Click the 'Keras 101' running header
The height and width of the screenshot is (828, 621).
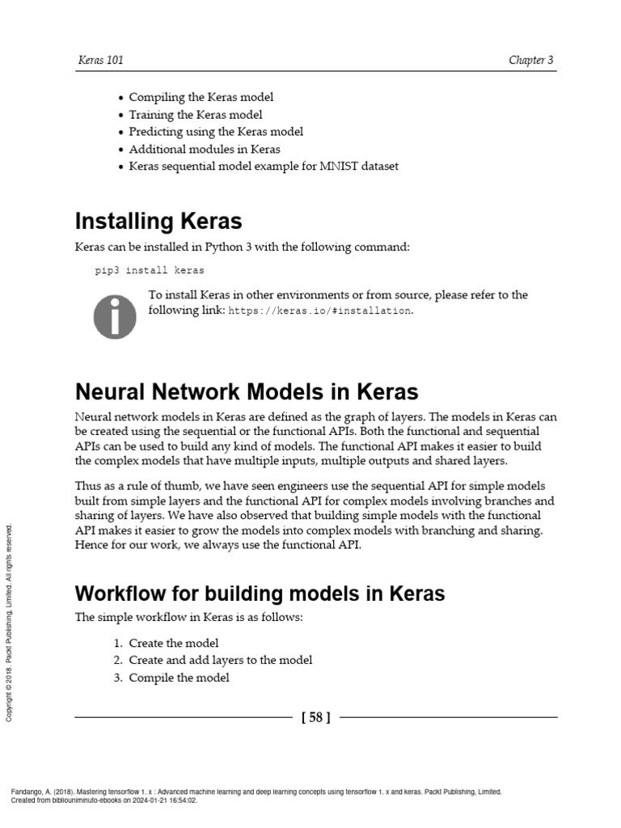pyautogui.click(x=100, y=61)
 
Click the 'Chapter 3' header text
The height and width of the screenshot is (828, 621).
pyautogui.click(x=531, y=61)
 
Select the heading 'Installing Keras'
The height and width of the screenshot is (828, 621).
pyautogui.click(x=158, y=221)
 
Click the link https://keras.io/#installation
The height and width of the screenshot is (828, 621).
pyautogui.click(x=320, y=310)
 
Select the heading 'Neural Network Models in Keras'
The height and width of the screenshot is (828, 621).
pyautogui.click(x=247, y=392)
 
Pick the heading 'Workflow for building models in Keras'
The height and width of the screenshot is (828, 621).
pyautogui.click(x=260, y=594)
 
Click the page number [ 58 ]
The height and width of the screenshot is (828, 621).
pyautogui.click(x=315, y=717)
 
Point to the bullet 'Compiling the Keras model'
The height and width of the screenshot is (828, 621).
pyautogui.click(x=201, y=97)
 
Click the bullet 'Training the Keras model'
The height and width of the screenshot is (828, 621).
pyautogui.click(x=196, y=115)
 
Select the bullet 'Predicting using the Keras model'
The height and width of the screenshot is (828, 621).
pyautogui.click(x=216, y=132)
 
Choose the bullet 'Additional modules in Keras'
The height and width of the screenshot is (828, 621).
pyautogui.click(x=205, y=150)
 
